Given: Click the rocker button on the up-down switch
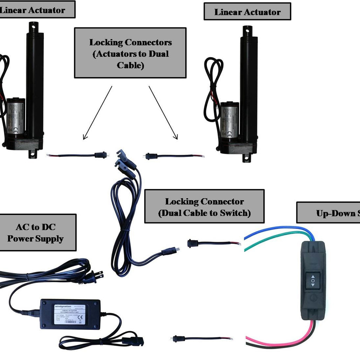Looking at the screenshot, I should click(x=313, y=281).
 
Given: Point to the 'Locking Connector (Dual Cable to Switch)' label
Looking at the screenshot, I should click(x=204, y=207).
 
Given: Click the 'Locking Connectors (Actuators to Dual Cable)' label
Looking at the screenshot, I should click(x=130, y=53).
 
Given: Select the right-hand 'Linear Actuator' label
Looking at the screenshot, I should click(x=247, y=12).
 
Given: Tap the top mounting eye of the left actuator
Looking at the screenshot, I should click(x=34, y=25).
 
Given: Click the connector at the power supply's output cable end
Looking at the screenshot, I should click(x=132, y=339).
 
